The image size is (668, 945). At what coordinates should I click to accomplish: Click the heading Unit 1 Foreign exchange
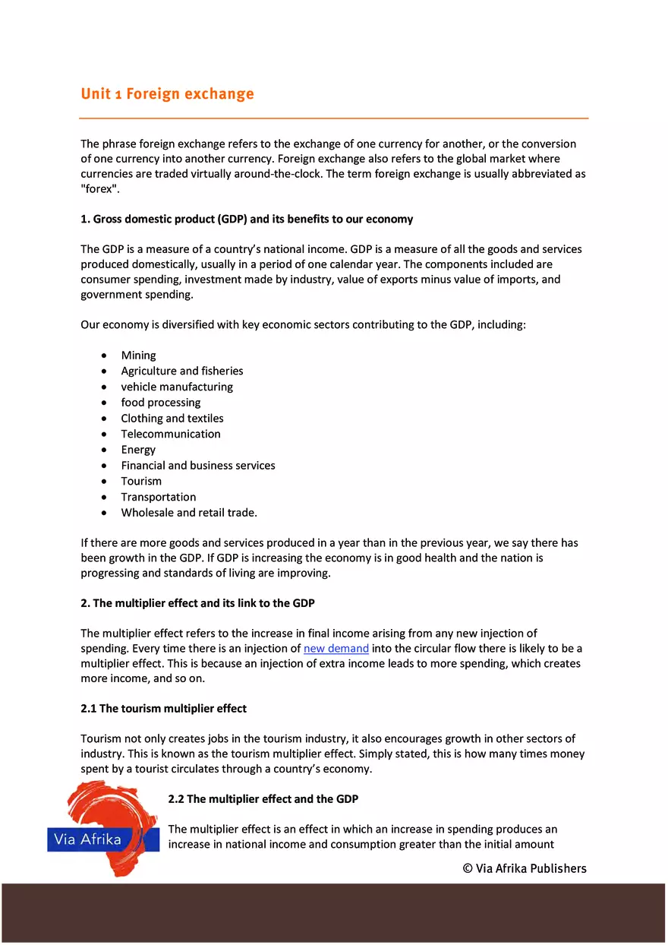coord(167,94)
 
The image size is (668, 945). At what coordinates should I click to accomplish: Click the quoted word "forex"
coord(99,188)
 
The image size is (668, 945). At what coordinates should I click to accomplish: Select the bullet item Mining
coord(138,356)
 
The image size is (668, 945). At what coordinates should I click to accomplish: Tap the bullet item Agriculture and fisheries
coord(181,371)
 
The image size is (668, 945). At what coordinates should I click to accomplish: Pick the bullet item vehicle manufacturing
coord(176,387)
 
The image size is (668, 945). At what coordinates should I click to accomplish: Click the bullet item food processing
coord(160,403)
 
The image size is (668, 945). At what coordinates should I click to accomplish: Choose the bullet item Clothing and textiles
coord(172,419)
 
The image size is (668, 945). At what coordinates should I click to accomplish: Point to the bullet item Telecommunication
coord(170,435)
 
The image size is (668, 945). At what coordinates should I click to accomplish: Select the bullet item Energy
coord(137,450)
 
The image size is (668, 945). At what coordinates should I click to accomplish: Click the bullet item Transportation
coord(158,498)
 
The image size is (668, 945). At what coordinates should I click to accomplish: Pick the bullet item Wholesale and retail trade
coord(188,513)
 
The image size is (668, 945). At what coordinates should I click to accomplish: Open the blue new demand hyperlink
coord(336,649)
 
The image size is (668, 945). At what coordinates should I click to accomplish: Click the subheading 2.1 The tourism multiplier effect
coord(163,709)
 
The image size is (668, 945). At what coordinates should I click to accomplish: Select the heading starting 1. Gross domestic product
coord(247,220)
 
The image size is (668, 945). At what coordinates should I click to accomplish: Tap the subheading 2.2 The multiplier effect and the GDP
coord(263,799)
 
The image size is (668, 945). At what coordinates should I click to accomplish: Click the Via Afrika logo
coord(102,828)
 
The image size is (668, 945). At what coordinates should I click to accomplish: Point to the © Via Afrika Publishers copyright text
coord(524,868)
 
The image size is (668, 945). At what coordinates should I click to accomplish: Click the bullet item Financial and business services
coord(197,466)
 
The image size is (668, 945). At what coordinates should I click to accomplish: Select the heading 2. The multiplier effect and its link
coord(197,603)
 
